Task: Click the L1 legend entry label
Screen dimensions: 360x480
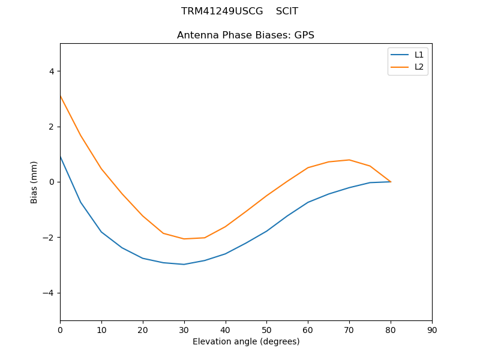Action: [x=419, y=55]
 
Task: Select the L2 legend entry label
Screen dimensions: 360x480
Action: [x=419, y=67]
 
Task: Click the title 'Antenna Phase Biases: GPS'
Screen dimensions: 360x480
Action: [x=245, y=35]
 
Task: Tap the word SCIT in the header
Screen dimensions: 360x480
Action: [x=287, y=11]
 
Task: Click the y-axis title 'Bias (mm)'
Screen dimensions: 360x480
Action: [x=34, y=182]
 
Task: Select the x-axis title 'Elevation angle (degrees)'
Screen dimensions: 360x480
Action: [x=245, y=342]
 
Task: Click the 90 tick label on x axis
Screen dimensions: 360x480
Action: [x=432, y=329]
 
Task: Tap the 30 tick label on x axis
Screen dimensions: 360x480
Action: [x=184, y=329]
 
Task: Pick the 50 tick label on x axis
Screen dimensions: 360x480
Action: [x=266, y=329]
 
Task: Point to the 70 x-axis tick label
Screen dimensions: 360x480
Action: [x=349, y=329]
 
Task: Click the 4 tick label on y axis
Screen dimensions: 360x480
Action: [x=51, y=71]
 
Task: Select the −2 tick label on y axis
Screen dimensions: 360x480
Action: [x=49, y=238]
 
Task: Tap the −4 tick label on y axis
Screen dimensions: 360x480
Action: [x=49, y=293]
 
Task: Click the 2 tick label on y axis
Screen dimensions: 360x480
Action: [x=51, y=127]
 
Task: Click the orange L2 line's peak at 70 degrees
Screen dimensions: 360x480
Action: [x=349, y=160]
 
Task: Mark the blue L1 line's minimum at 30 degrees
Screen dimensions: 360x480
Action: [x=184, y=265]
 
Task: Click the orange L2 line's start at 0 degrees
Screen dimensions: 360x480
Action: [x=61, y=96]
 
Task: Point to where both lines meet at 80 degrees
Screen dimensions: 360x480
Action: [x=391, y=182]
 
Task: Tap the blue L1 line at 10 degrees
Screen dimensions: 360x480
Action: [x=101, y=232]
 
